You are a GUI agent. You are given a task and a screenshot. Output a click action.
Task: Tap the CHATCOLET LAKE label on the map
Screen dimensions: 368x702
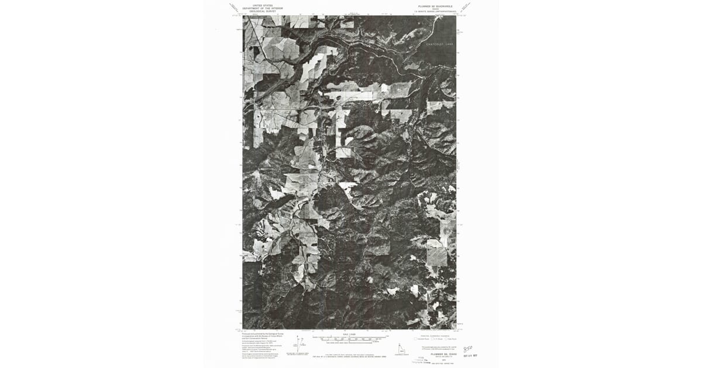tap(439, 44)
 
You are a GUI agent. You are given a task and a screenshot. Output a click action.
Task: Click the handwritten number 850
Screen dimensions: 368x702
tap(467, 348)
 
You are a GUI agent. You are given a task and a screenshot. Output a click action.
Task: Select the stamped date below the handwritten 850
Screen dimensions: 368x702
tap(470, 355)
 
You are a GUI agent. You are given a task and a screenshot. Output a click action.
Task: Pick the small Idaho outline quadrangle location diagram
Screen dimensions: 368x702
tap(402, 348)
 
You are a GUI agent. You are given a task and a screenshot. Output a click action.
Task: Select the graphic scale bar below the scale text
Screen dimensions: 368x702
tap(350, 338)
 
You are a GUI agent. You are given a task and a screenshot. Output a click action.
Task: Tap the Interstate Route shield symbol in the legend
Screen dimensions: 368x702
tap(416, 338)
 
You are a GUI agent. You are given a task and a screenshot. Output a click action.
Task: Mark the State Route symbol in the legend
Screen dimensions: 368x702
tap(446, 338)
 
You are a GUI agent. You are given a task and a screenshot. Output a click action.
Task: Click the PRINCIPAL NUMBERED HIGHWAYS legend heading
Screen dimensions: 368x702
tap(434, 335)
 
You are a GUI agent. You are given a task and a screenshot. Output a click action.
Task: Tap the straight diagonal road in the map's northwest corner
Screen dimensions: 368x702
tap(257, 44)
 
